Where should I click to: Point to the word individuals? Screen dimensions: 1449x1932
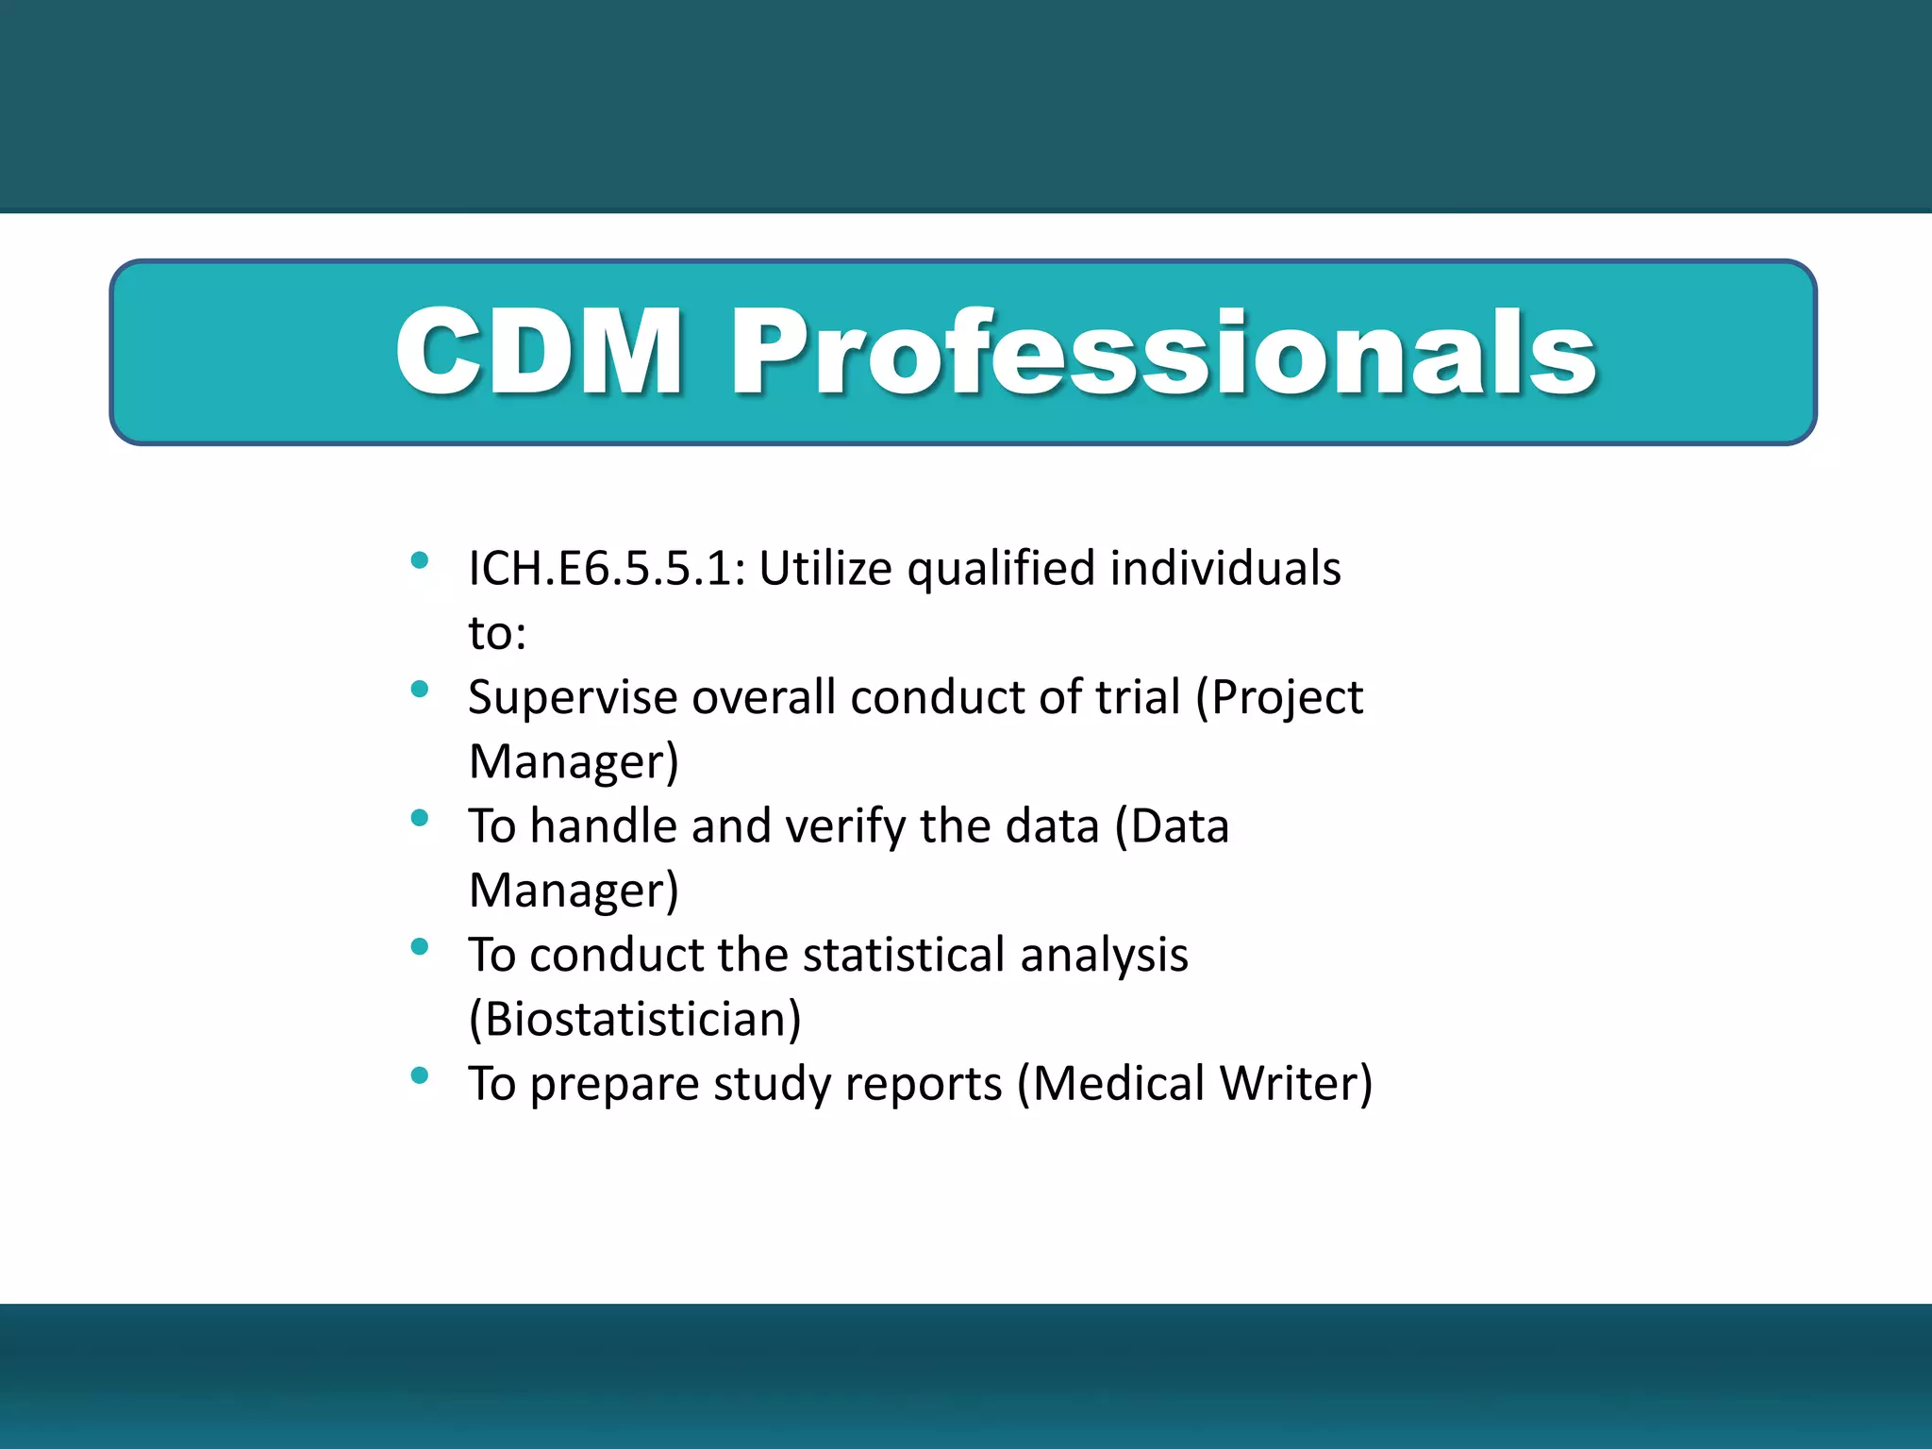(1224, 569)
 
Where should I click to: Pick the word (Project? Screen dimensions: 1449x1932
(1279, 699)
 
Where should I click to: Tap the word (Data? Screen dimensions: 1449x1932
(1172, 827)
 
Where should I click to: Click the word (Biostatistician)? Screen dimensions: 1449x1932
(635, 1020)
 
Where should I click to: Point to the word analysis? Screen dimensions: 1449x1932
(1104, 956)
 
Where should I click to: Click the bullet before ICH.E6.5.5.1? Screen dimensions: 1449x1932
(420, 561)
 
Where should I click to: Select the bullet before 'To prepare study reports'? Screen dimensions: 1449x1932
(420, 1075)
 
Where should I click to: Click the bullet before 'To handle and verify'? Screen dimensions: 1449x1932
(420, 818)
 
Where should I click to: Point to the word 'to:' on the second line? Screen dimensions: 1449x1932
(497, 633)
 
